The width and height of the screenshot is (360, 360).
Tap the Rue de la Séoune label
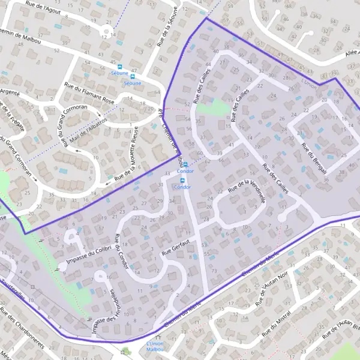pyautogui.click(x=167, y=26)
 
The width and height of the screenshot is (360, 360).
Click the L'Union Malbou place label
pyautogui.click(x=155, y=346)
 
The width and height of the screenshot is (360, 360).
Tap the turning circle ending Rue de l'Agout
pyautogui.click(x=107, y=30)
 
